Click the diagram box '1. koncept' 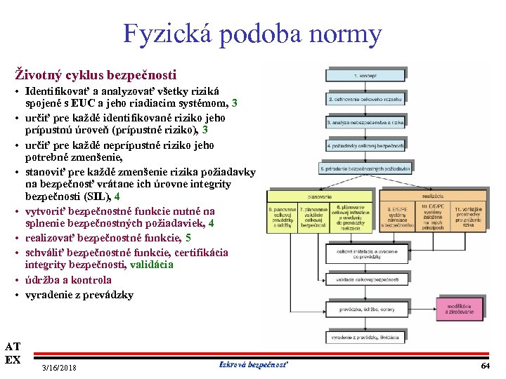point(365,75)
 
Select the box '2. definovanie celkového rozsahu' point(365,99)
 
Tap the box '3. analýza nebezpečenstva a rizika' point(365,122)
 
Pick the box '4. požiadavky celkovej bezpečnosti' point(365,145)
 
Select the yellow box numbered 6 point(282,218)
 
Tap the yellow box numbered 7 point(313,218)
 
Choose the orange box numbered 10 point(431,218)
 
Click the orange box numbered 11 point(467,218)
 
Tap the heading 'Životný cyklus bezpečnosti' point(96,74)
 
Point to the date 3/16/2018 point(59,368)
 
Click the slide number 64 point(485,366)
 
